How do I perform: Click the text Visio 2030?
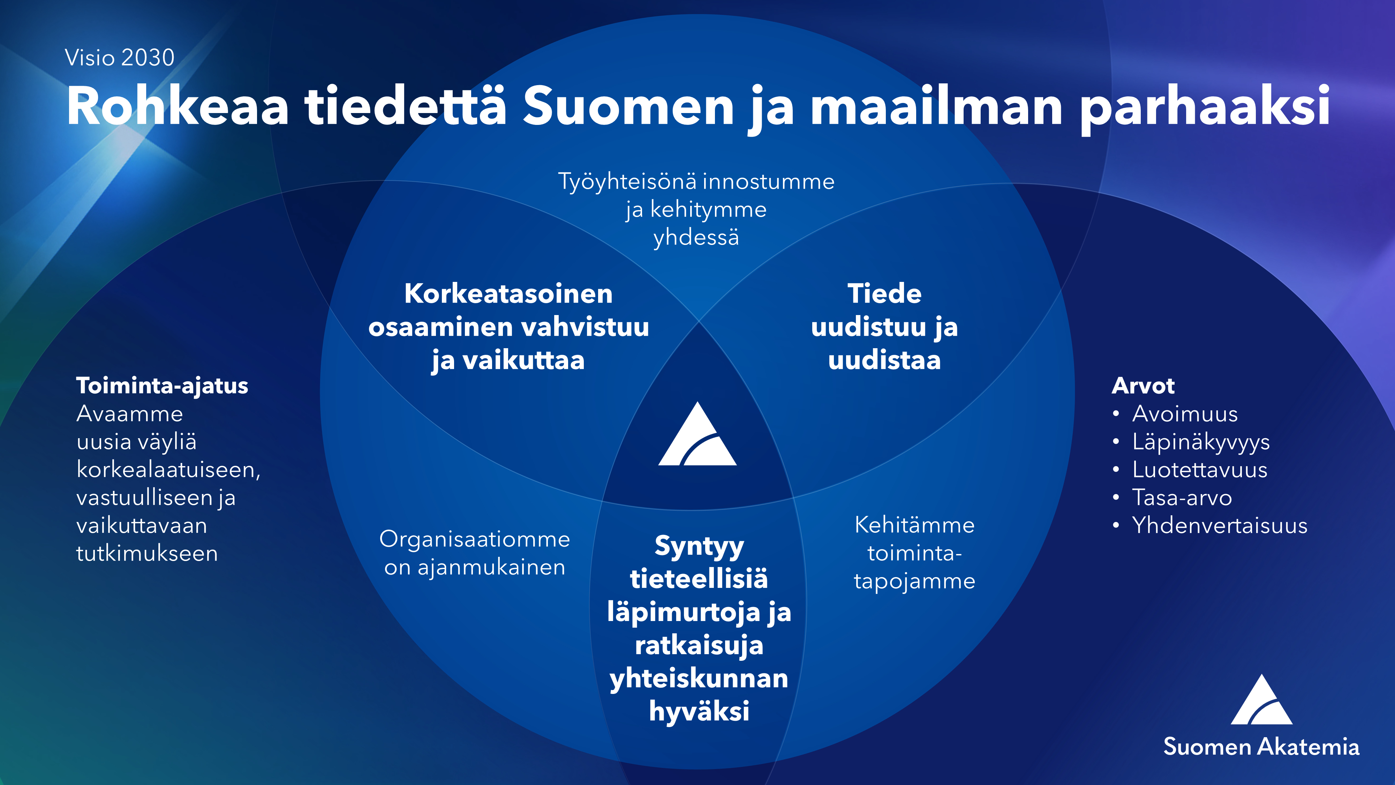[x=120, y=58]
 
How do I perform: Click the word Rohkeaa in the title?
[x=178, y=106]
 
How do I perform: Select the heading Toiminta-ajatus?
[x=162, y=386]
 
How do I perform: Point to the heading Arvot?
[x=1143, y=386]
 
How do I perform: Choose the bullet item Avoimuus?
[x=1185, y=414]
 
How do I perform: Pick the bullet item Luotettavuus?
[x=1199, y=470]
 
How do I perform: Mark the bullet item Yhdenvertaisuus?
[x=1220, y=525]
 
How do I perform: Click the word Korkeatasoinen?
[x=508, y=294]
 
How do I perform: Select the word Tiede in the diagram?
[x=884, y=294]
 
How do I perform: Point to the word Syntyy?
[x=699, y=547]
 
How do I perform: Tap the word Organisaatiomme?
[x=474, y=540]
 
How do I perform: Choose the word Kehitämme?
[x=915, y=525]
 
